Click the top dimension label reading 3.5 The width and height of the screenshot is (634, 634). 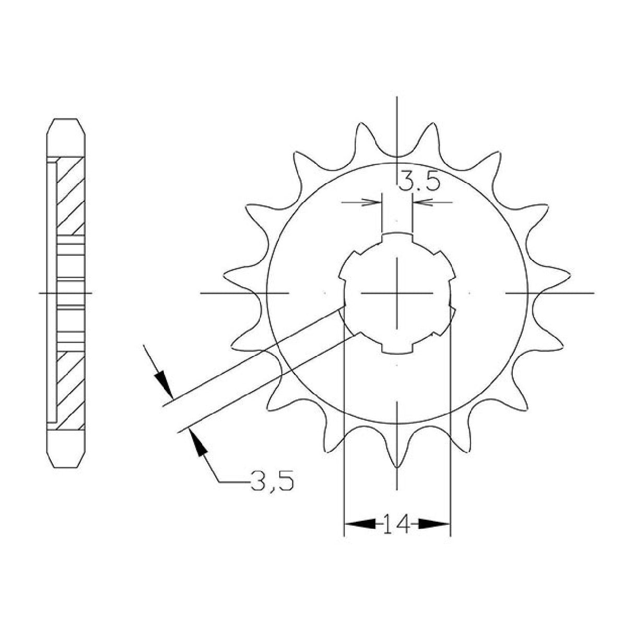coord(419,183)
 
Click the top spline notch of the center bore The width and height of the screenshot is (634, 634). coord(397,238)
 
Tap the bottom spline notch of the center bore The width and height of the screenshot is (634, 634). coord(397,347)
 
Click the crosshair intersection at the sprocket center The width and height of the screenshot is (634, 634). coord(397,293)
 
